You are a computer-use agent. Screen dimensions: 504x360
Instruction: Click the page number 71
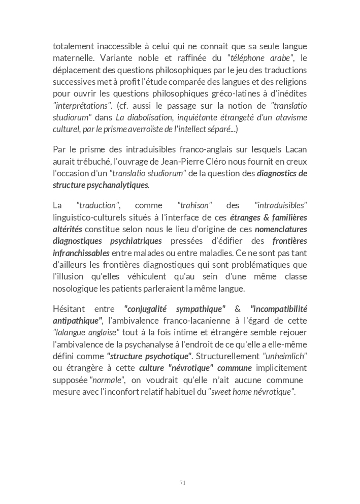click(x=182, y=483)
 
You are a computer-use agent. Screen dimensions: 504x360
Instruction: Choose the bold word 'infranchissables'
click(x=81, y=253)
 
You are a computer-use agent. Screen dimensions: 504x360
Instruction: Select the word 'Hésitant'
click(x=69, y=309)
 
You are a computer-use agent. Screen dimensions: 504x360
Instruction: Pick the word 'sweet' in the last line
click(x=222, y=392)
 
